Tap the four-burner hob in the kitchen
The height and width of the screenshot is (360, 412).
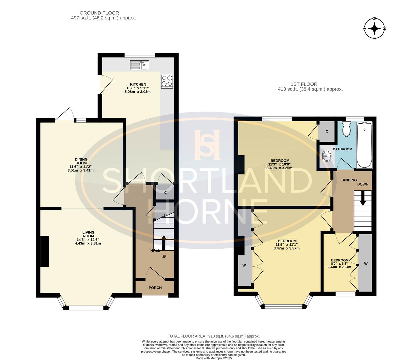(x=167, y=81)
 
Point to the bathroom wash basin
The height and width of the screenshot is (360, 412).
(x=327, y=156)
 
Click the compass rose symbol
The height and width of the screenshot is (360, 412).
(x=374, y=28)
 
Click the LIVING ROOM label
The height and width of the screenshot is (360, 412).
(x=88, y=235)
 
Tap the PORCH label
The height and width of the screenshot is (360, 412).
(x=155, y=288)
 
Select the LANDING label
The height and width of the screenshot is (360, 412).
(x=348, y=180)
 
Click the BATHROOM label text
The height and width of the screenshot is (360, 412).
(x=342, y=149)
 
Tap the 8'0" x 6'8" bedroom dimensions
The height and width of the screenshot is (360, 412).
(x=340, y=264)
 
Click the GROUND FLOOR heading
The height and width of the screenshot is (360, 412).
(x=104, y=13)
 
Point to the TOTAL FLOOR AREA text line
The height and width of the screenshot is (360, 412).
(x=213, y=336)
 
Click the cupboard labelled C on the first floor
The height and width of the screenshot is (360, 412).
(x=327, y=131)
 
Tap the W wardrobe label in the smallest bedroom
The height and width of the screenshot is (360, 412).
(x=366, y=263)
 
